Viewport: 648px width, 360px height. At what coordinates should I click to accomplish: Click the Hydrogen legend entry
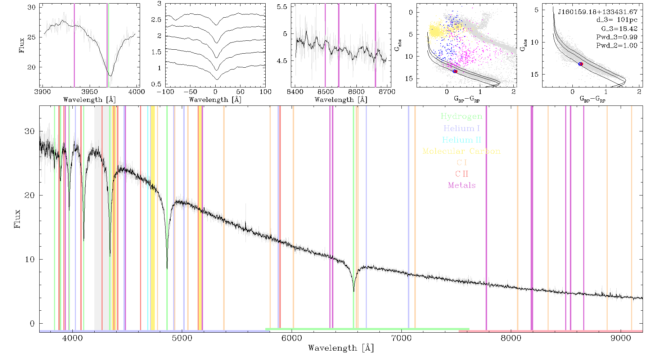click(x=462, y=116)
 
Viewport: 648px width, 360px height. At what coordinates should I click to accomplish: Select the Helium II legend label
click(x=462, y=140)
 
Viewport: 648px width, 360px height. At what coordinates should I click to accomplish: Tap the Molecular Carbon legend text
click(x=462, y=151)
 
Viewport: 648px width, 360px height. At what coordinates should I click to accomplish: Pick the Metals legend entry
click(x=462, y=185)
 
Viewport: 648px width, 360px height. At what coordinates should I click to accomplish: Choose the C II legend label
click(x=462, y=174)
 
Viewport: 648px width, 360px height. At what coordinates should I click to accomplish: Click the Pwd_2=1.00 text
click(x=617, y=45)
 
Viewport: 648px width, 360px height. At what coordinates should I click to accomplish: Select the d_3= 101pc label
click(x=617, y=20)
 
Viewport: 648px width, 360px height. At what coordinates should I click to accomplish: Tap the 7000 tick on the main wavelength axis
click(x=401, y=338)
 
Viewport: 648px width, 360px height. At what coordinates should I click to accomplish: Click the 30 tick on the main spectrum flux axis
click(x=30, y=131)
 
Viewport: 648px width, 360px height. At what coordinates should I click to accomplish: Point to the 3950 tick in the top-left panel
click(x=90, y=91)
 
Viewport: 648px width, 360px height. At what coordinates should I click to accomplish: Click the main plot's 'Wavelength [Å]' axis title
click(x=341, y=348)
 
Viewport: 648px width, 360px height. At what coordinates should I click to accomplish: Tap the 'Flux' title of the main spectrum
click(x=17, y=219)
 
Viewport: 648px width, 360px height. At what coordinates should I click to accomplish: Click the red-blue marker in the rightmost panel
click(x=580, y=64)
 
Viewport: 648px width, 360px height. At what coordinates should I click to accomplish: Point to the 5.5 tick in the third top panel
click(x=282, y=7)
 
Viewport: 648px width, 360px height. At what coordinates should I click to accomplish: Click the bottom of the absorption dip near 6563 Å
click(x=354, y=291)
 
